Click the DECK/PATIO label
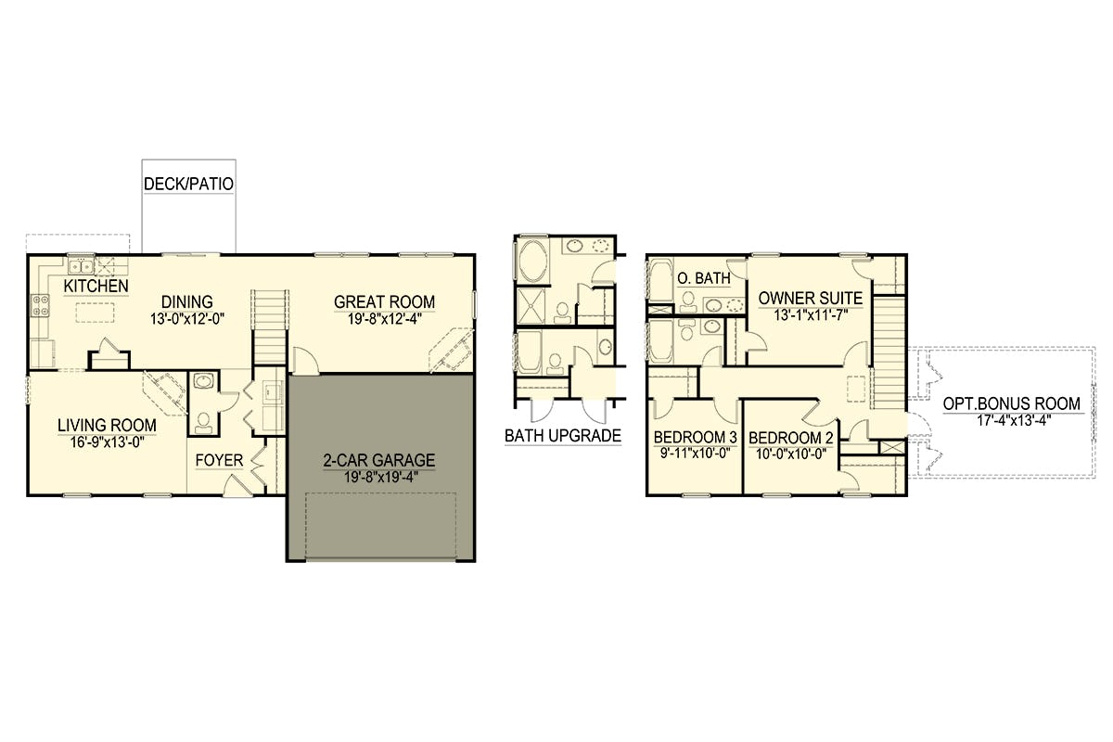188,184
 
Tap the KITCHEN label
96,286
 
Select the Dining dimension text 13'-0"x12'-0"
187,319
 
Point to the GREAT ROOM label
384,301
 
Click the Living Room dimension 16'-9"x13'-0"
108,441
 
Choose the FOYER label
219,461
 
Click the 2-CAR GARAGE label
379,461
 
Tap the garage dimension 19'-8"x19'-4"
381,477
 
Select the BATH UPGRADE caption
563,436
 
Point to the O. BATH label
704,278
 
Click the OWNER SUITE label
811,299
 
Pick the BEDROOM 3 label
695,438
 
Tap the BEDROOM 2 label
790,439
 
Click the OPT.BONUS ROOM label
1012,403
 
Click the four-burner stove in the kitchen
40,305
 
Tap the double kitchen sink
81,266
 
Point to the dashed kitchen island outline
95,313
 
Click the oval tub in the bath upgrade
532,261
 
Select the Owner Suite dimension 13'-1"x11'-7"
811,315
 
